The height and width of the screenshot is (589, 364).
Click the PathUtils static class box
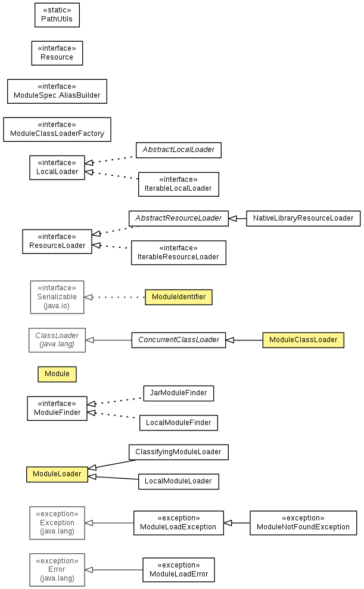click(x=57, y=15)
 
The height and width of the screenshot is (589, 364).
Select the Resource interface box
click(x=57, y=53)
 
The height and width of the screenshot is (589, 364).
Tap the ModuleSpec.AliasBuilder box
click(x=57, y=91)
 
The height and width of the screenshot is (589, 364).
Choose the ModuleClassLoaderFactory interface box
click(x=57, y=129)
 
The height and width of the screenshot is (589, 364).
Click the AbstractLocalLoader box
click(x=178, y=150)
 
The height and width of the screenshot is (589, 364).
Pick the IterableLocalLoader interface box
click(x=178, y=184)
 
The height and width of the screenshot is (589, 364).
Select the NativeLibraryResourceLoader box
click(x=303, y=218)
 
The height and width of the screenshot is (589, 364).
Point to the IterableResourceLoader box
click(x=178, y=252)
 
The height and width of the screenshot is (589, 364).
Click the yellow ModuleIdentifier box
click(x=179, y=297)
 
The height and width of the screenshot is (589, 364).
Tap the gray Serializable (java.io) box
click(x=57, y=297)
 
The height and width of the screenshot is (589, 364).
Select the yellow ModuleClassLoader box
click(x=303, y=340)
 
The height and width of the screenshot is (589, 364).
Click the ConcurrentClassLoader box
click(x=179, y=340)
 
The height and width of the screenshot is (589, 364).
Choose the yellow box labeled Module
click(x=57, y=374)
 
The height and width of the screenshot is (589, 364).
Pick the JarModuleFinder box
click(x=179, y=393)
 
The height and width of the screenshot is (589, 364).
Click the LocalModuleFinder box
click(x=179, y=423)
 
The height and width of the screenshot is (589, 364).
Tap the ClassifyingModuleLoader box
click(x=179, y=452)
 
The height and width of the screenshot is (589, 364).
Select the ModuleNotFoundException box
click(x=303, y=522)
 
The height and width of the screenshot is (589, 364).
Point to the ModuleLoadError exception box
click(x=179, y=570)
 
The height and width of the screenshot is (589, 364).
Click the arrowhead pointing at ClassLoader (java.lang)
click(x=90, y=340)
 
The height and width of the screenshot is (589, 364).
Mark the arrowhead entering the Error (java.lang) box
click(x=89, y=570)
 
